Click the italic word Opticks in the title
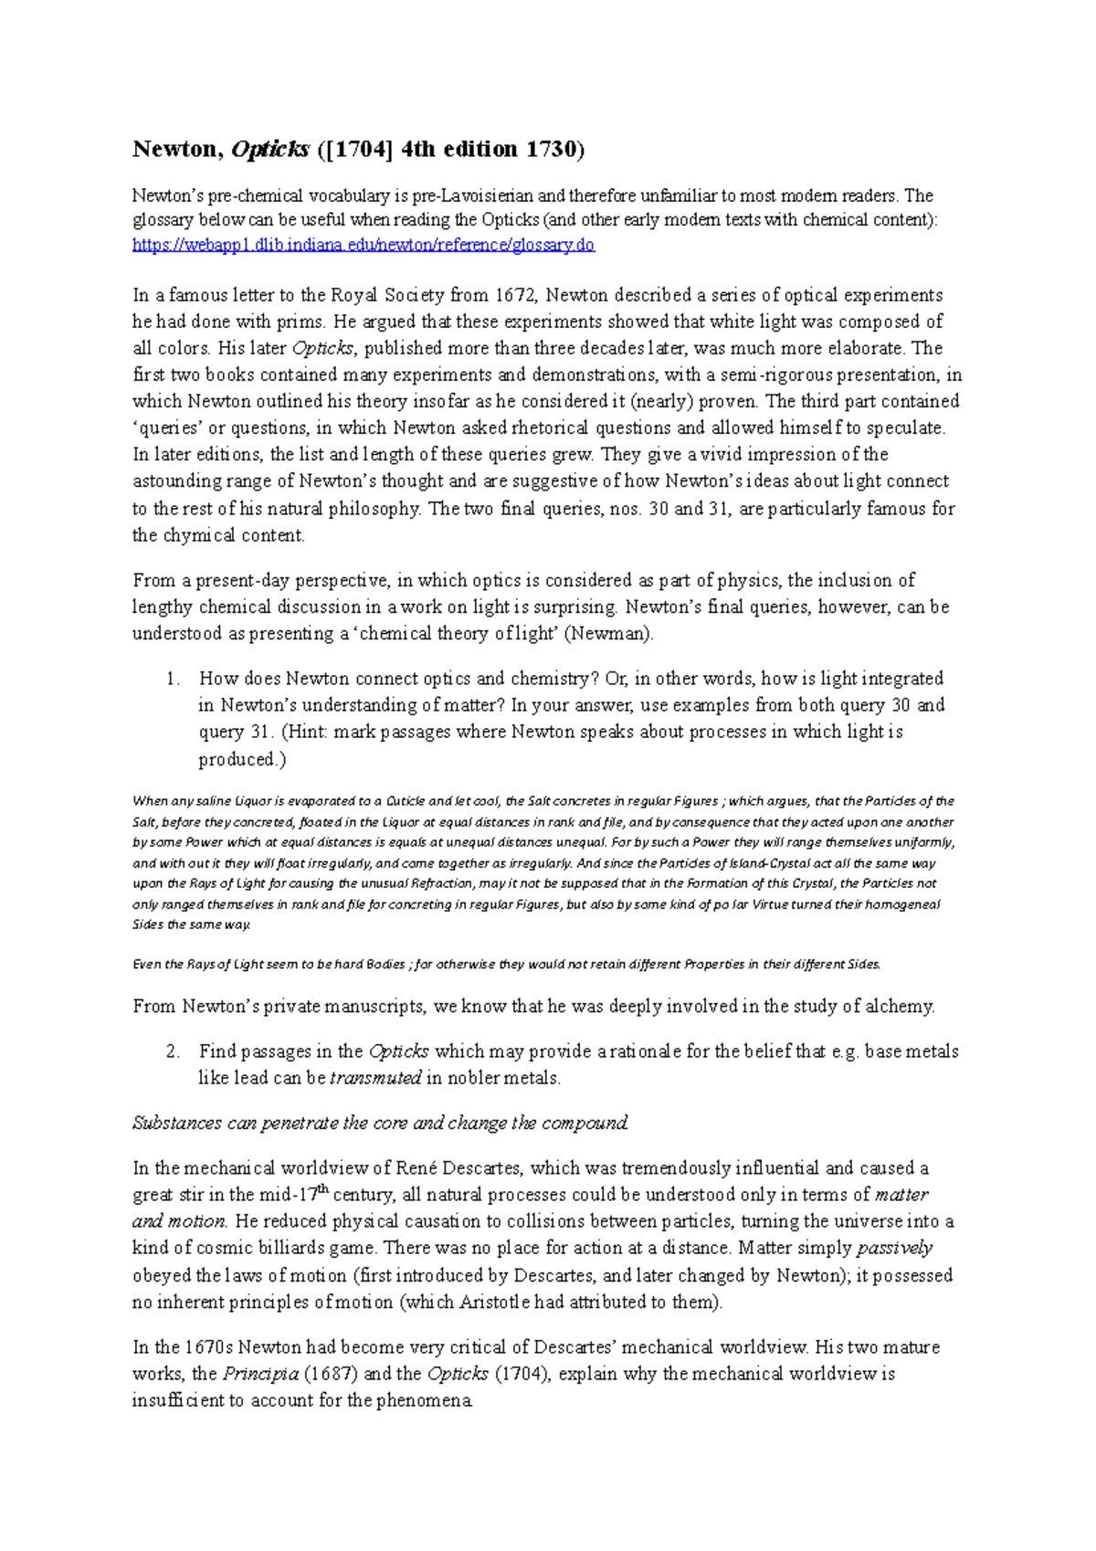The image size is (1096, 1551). [270, 150]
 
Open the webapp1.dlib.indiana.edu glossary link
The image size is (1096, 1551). [363, 245]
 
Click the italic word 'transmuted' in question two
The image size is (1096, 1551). [375, 1078]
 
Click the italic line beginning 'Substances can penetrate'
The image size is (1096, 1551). [380, 1124]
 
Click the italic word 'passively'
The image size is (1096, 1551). [894, 1248]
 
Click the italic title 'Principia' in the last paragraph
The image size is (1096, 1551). [260, 1374]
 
